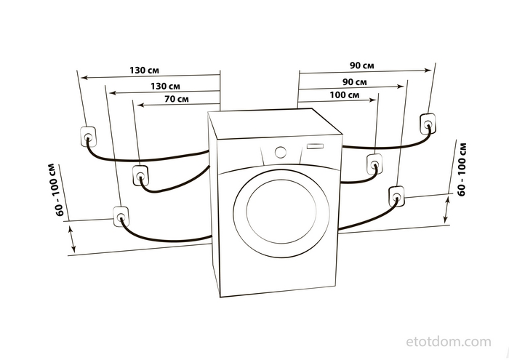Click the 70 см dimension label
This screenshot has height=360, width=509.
(176, 98)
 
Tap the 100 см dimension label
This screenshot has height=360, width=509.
(345, 95)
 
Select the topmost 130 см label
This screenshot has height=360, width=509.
(144, 70)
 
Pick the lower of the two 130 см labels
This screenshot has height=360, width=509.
(165, 86)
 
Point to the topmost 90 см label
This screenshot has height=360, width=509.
(361, 65)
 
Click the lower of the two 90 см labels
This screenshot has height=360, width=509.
(355, 81)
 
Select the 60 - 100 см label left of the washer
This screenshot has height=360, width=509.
(57, 190)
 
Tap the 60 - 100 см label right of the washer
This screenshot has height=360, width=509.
(462, 169)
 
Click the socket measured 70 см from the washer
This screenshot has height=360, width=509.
(140, 175)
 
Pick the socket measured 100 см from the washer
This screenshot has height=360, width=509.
(374, 164)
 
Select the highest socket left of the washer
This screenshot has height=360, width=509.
(88, 136)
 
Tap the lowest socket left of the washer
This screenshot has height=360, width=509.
(121, 217)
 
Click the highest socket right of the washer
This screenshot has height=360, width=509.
(428, 123)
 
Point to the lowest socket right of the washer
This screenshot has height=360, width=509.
(396, 196)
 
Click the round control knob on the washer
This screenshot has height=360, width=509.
(281, 152)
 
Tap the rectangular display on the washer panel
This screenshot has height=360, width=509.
(315, 146)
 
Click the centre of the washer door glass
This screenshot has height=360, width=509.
(281, 212)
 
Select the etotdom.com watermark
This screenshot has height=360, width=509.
(449, 342)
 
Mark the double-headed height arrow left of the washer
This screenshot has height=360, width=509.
(72, 239)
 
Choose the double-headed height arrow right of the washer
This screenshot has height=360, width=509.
(446, 209)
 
